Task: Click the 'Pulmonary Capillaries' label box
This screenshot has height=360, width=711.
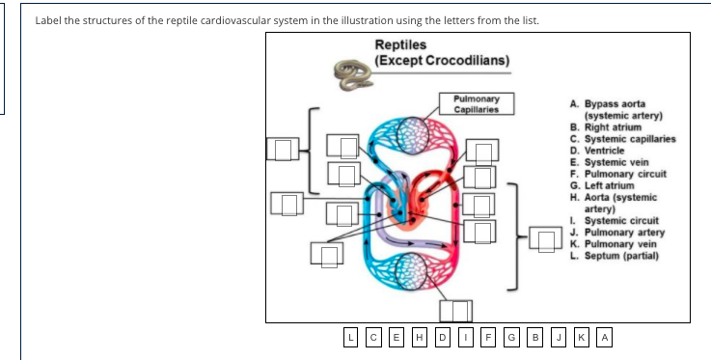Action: tap(476, 103)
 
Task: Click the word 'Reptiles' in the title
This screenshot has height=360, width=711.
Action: tap(399, 44)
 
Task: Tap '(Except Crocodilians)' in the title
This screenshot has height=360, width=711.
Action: tap(442, 60)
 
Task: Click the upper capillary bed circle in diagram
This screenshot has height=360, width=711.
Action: tap(413, 132)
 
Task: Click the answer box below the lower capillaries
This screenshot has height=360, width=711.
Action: tap(456, 310)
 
